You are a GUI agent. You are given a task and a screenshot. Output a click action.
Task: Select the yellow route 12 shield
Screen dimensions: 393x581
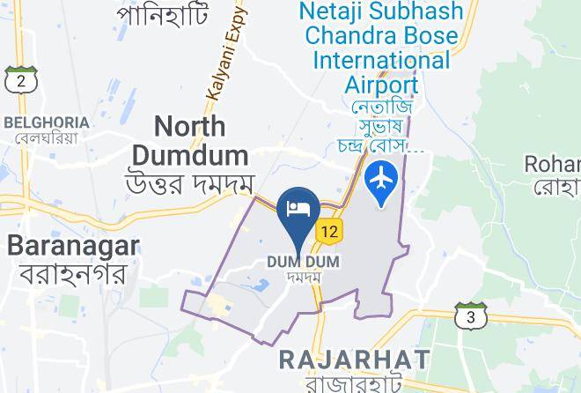[329, 232]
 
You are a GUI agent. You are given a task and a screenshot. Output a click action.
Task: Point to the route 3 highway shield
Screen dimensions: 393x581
[471, 315]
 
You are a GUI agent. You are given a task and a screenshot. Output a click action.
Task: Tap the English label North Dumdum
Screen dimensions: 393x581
[189, 141]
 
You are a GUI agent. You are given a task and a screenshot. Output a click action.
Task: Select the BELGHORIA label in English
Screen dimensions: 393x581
[47, 122]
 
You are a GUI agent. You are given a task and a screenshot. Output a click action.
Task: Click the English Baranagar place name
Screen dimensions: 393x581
[73, 245]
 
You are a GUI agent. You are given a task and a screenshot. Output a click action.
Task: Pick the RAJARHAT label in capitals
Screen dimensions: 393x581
[354, 360]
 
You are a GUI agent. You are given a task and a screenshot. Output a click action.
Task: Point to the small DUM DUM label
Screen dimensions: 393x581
[303, 262]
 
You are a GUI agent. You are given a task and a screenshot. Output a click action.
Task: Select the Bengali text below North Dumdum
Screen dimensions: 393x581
[190, 184]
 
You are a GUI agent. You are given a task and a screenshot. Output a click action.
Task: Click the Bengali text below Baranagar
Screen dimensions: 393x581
[73, 273]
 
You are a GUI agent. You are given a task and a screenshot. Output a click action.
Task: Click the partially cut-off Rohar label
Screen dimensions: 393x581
[552, 164]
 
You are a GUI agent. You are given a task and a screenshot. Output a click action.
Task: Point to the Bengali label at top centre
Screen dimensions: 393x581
[163, 13]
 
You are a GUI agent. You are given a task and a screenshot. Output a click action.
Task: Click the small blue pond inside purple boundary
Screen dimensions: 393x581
[261, 285]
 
